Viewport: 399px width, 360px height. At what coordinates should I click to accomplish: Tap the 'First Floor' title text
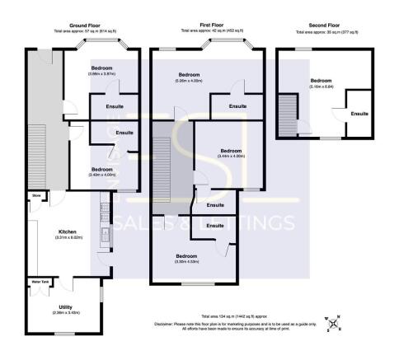click(x=212, y=26)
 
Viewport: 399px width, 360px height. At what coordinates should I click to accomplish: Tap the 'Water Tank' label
click(x=40, y=283)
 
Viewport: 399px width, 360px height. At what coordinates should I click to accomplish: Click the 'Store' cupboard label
click(x=36, y=195)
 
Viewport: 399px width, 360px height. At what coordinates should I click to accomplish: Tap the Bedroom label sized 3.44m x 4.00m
click(x=231, y=152)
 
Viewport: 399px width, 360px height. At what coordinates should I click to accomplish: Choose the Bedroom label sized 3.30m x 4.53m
click(x=187, y=257)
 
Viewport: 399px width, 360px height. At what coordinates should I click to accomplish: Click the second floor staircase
click(x=288, y=112)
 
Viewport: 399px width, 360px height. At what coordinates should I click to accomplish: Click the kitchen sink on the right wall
click(x=105, y=236)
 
